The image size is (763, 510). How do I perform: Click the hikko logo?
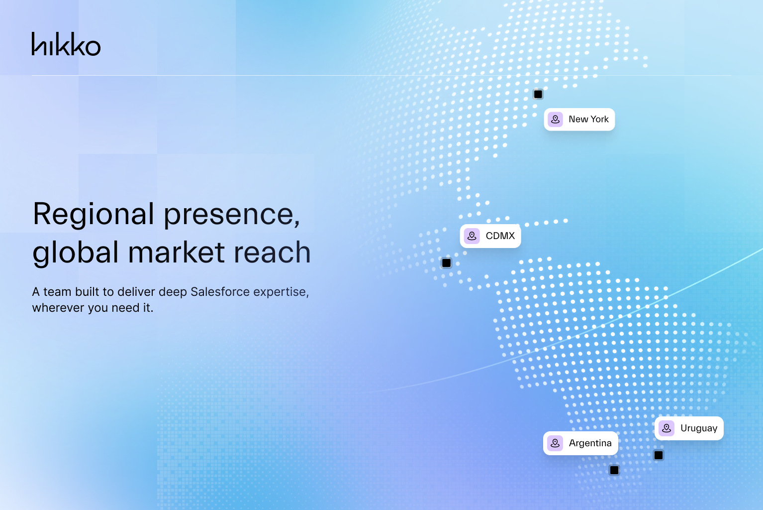[x=66, y=44]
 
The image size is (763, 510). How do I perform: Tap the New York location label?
[x=579, y=120]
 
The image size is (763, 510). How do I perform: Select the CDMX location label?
[x=490, y=236]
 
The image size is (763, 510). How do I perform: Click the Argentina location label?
[x=581, y=443]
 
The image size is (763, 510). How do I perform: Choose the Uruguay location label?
[x=689, y=428]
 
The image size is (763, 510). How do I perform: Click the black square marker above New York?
[x=538, y=94]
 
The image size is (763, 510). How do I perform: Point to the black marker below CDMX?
[x=447, y=263]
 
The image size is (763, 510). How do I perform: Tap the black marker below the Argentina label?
[x=614, y=470]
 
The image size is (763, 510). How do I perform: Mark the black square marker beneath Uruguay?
[x=659, y=455]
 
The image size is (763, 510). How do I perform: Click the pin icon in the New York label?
[x=556, y=120]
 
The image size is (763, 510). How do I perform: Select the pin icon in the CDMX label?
[x=472, y=236]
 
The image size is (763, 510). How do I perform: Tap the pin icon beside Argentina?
[x=555, y=443]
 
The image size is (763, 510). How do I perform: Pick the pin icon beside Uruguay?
[x=667, y=428]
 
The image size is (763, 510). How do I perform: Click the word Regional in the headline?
[x=94, y=215]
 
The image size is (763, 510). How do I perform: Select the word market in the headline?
[x=176, y=252]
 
